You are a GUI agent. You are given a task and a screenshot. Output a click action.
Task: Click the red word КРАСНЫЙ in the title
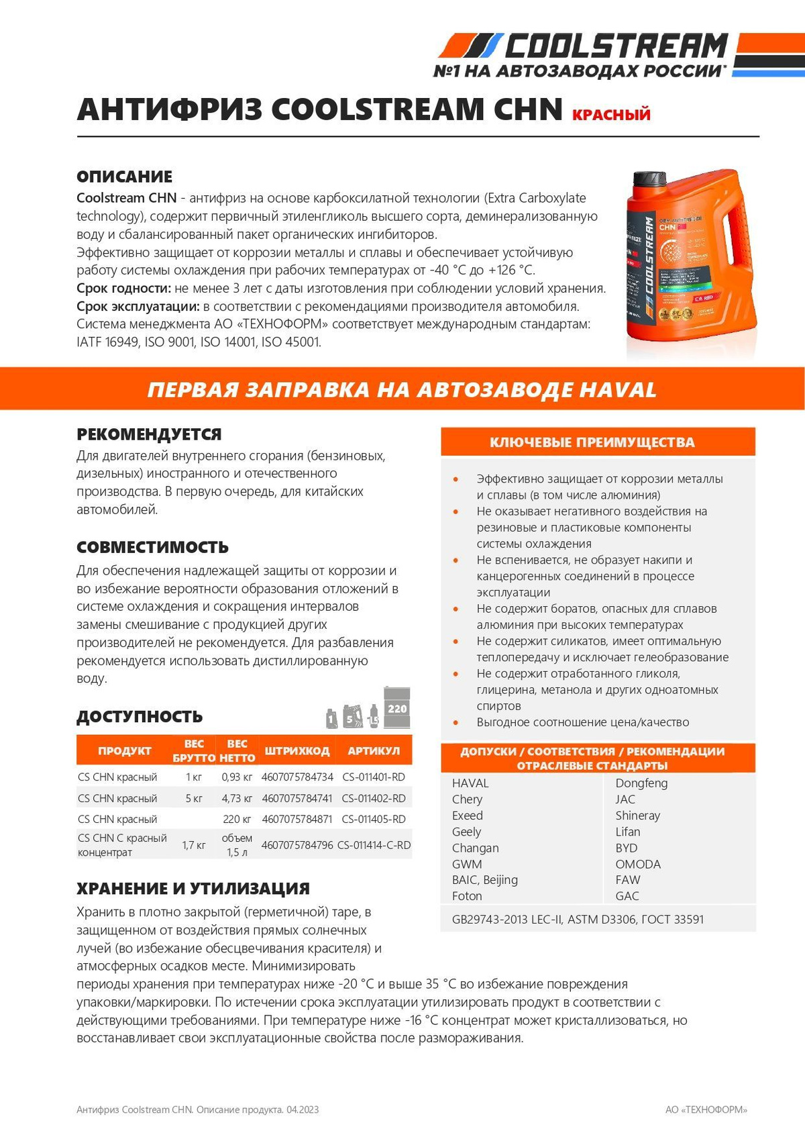click(611, 115)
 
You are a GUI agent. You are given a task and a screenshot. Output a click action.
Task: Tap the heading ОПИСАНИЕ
click(124, 177)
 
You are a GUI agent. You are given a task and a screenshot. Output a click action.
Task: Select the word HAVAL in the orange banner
click(617, 389)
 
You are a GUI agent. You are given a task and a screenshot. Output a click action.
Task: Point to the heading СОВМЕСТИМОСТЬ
click(152, 547)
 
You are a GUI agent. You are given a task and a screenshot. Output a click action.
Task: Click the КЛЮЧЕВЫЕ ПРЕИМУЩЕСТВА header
click(592, 442)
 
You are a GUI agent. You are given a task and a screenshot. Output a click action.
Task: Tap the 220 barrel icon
click(397, 708)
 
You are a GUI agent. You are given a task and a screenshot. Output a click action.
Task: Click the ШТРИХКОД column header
click(297, 750)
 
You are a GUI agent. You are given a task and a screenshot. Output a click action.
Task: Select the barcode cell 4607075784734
click(297, 777)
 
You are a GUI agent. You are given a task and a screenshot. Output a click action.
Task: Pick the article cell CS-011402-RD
click(374, 799)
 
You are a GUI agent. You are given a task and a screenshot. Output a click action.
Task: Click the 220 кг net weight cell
click(237, 820)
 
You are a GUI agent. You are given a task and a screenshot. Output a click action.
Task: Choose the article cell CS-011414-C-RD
click(374, 845)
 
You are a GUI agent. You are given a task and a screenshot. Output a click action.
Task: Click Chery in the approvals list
click(467, 799)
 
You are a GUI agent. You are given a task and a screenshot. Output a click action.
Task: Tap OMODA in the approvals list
click(638, 864)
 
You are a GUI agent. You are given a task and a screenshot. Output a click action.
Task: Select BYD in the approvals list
click(627, 848)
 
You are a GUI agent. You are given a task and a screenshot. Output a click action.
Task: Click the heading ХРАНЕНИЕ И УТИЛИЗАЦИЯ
click(193, 889)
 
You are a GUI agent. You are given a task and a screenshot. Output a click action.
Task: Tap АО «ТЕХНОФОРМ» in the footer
click(706, 1109)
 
